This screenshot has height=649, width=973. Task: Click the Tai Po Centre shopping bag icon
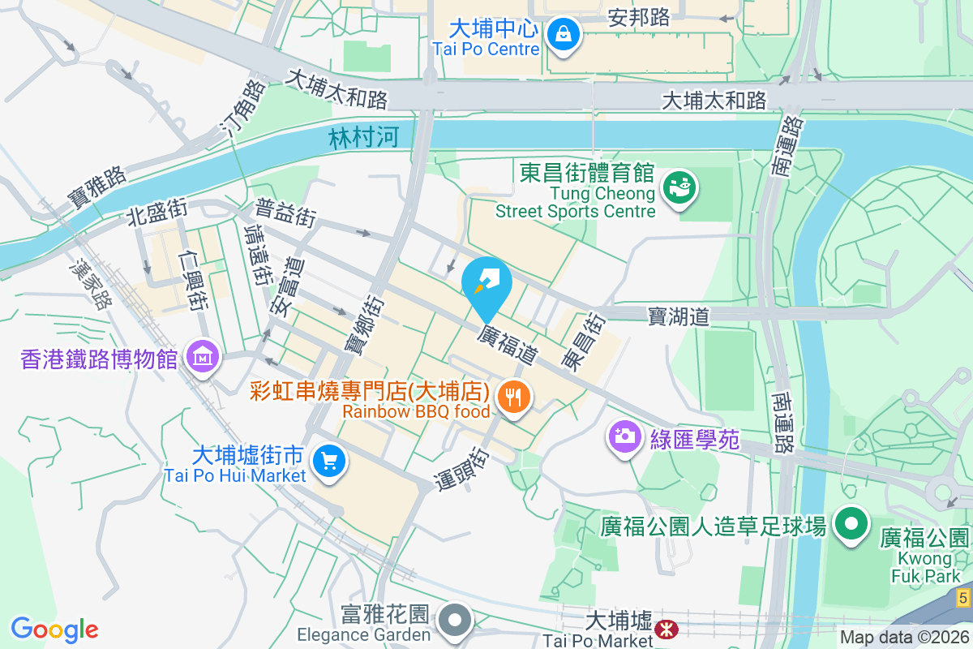tap(562, 35)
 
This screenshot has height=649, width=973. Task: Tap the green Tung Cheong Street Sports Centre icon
tap(679, 188)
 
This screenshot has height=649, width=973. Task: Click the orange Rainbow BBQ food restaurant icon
tap(512, 398)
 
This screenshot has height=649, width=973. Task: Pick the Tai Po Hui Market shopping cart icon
tap(328, 462)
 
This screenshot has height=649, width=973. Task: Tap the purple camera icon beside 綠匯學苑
tap(624, 437)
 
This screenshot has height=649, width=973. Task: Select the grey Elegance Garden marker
tap(455, 621)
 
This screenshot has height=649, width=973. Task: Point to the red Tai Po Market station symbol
tap(667, 628)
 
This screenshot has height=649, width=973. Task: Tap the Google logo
tap(54, 629)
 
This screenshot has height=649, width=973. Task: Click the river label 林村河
tap(364, 138)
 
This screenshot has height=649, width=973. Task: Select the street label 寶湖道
tap(678, 316)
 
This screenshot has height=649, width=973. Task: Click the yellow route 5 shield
tap(962, 599)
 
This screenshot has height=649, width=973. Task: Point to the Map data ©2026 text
tap(903, 637)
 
